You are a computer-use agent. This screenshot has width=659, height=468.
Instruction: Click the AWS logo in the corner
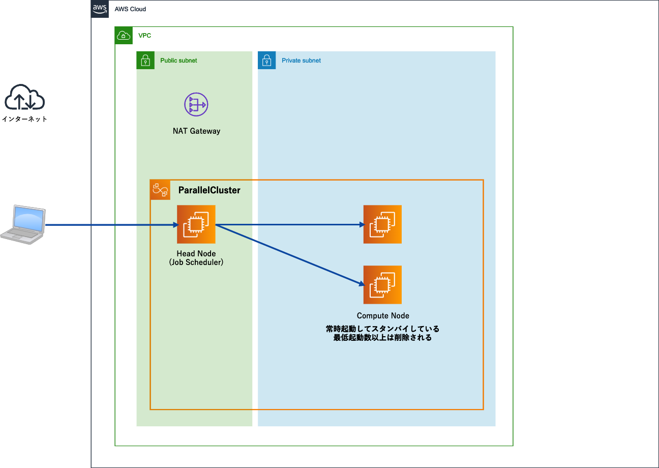pyautogui.click(x=100, y=9)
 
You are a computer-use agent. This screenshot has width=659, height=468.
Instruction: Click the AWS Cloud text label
pyautogui.click(x=131, y=10)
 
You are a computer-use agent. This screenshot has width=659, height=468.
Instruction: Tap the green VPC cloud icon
pyautogui.click(x=124, y=36)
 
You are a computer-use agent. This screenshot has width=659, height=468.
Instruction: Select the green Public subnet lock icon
pyautogui.click(x=145, y=61)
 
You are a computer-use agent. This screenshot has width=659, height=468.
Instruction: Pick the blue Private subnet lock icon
pyautogui.click(x=267, y=61)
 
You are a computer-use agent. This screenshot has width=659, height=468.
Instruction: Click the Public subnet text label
pyautogui.click(x=178, y=61)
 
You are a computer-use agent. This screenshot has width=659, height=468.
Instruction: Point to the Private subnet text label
pyautogui.click(x=301, y=61)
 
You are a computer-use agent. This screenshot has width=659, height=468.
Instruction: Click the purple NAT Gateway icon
pyautogui.click(x=196, y=105)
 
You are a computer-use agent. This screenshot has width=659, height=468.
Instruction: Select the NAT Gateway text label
pyautogui.click(x=196, y=131)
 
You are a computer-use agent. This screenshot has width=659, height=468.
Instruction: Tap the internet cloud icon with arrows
pyautogui.click(x=24, y=98)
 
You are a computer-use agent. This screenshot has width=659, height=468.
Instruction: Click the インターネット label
pyautogui.click(x=24, y=119)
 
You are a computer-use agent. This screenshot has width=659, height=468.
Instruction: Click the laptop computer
pyautogui.click(x=23, y=225)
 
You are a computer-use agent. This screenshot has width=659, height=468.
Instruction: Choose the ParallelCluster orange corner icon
pyautogui.click(x=160, y=190)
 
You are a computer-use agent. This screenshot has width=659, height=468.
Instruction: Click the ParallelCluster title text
pyautogui.click(x=209, y=190)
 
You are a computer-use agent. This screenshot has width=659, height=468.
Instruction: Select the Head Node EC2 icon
pyautogui.click(x=196, y=224)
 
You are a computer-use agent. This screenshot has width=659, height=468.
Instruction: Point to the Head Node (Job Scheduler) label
pyautogui.click(x=196, y=258)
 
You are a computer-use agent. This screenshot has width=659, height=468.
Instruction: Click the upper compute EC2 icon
pyautogui.click(x=382, y=224)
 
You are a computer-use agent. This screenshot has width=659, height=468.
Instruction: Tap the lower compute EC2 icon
pyautogui.click(x=382, y=284)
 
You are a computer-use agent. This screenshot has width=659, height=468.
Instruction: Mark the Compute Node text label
pyautogui.click(x=383, y=315)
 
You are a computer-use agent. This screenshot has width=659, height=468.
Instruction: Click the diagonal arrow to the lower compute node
pyautogui.click(x=290, y=255)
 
